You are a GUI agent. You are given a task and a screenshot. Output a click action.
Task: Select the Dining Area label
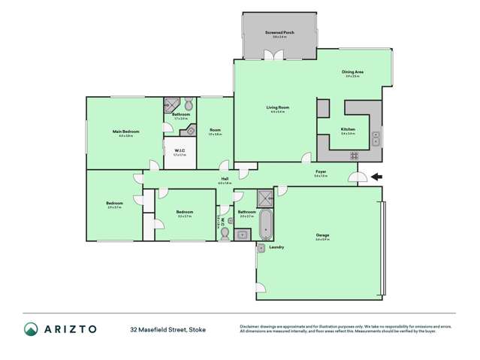coord(353,71)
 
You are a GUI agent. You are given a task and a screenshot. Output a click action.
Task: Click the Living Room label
coord(277,107)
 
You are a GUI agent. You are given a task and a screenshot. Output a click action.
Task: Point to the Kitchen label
coord(348,129)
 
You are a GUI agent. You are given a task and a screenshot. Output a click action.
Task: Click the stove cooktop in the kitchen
coord(353,155)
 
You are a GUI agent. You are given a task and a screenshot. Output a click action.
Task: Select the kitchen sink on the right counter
coord(376,137)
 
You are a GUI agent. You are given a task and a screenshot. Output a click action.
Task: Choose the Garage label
coord(322,235)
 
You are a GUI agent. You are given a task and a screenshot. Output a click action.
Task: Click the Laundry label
coord(276,247)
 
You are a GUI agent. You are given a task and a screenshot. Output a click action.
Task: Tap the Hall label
coord(224,178)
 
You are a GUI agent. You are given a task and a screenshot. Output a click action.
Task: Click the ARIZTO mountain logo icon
coord(30,328)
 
